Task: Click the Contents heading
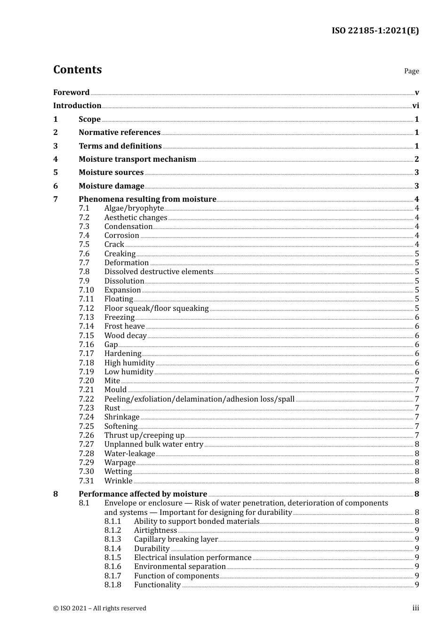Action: (77, 70)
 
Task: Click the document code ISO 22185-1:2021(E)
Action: (375, 31)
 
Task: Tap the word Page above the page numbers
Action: (411, 71)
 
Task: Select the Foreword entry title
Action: (71, 92)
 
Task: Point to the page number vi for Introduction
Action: (415, 106)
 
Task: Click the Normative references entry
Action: (120, 133)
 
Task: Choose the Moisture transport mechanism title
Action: (137, 159)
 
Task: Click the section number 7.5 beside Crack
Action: (84, 245)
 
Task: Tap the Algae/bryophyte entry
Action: (134, 208)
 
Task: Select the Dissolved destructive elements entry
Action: (159, 272)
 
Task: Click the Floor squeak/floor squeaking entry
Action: (156, 308)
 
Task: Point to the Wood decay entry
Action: (125, 336)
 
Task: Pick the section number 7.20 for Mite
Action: (86, 381)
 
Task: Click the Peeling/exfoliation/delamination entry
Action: (199, 399)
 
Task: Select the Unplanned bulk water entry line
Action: (153, 444)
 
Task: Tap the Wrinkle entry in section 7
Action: (118, 481)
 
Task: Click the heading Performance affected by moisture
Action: (143, 494)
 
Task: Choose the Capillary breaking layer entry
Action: (176, 539)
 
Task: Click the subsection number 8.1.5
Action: (112, 558)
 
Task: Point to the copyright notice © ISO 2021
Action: (100, 608)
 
